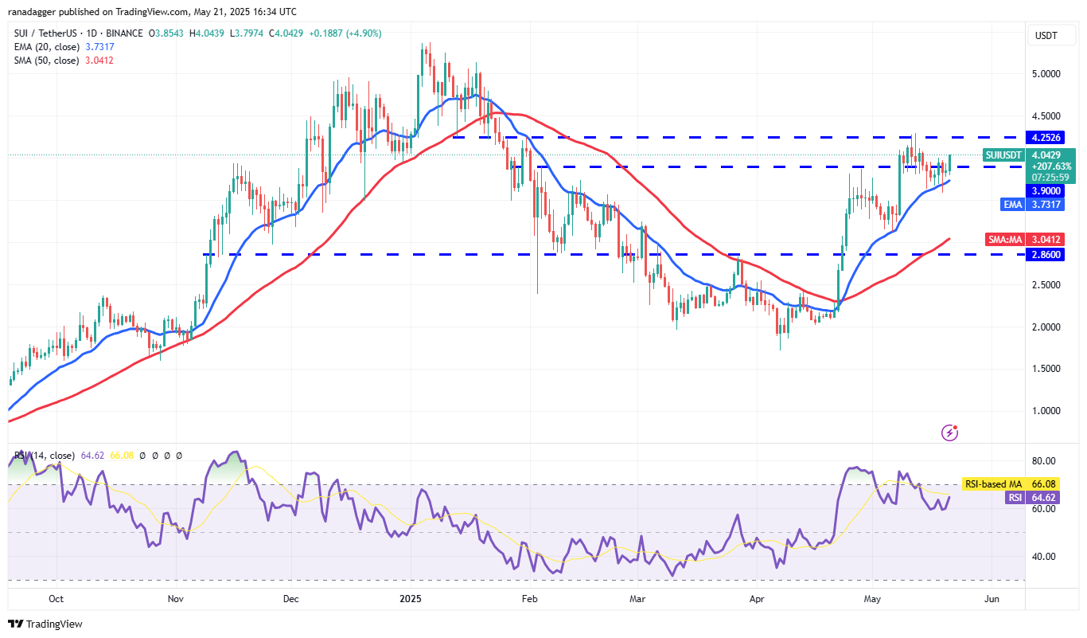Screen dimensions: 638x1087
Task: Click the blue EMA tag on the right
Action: click(x=1011, y=205)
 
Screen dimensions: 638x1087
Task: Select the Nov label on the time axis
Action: click(x=175, y=598)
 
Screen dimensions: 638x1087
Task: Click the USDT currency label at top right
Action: click(x=1046, y=36)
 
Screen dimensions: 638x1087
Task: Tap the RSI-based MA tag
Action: click(x=992, y=483)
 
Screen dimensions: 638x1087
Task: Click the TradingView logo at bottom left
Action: click(x=45, y=624)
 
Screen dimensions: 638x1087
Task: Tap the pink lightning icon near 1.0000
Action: click(x=949, y=433)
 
